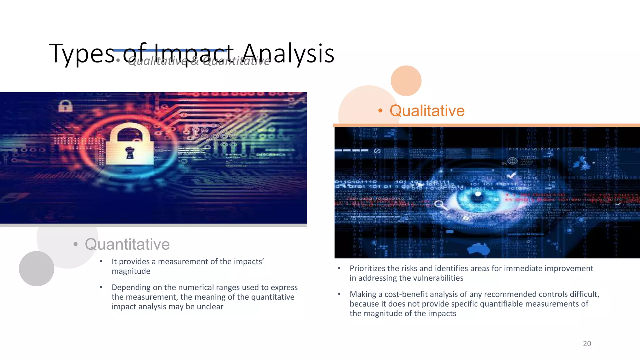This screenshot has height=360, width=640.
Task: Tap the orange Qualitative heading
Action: pyautogui.click(x=427, y=111)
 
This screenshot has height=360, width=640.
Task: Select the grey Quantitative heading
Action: pyautogui.click(x=127, y=244)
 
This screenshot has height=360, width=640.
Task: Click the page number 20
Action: pyautogui.click(x=587, y=343)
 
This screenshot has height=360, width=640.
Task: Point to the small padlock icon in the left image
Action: pyautogui.click(x=65, y=106)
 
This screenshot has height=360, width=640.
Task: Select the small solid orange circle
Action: pyautogui.click(x=406, y=81)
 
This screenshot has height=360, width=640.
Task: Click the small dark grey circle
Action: pyautogui.click(x=37, y=268)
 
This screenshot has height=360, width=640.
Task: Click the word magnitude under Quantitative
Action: pyautogui.click(x=131, y=271)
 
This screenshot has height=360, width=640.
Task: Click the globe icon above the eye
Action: pyautogui.click(x=512, y=161)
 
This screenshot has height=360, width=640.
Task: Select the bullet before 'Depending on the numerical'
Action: pyautogui.click(x=101, y=287)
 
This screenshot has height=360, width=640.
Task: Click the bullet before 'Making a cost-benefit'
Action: pyautogui.click(x=339, y=294)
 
